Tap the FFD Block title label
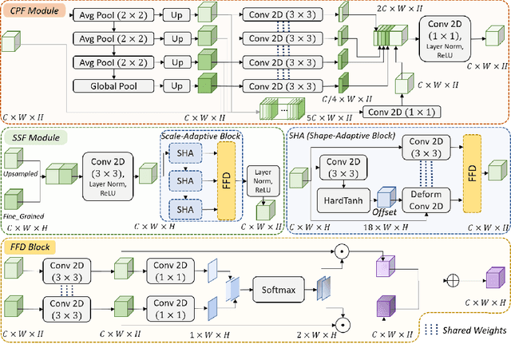(x=31, y=247)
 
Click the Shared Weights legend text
(x=469, y=330)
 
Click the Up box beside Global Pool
(x=180, y=85)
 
